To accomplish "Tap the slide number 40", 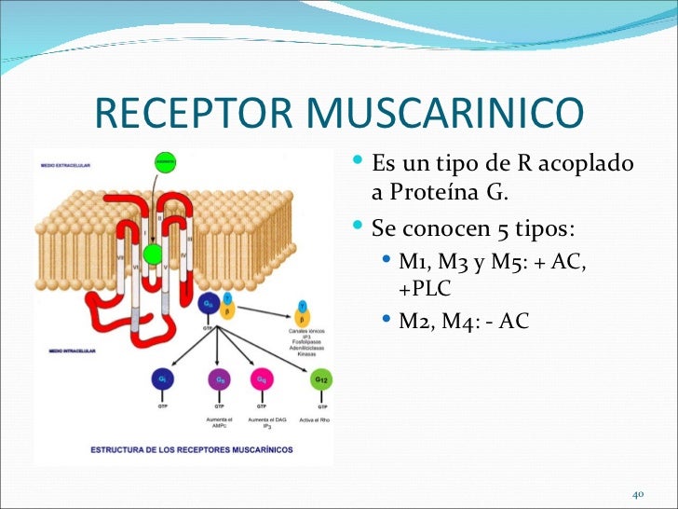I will (x=639, y=492).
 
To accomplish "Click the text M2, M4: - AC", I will (x=463, y=322).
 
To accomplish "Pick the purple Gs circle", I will (x=220, y=379).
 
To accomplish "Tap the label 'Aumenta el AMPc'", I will (x=220, y=424).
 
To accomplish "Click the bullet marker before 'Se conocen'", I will (x=359, y=227).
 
